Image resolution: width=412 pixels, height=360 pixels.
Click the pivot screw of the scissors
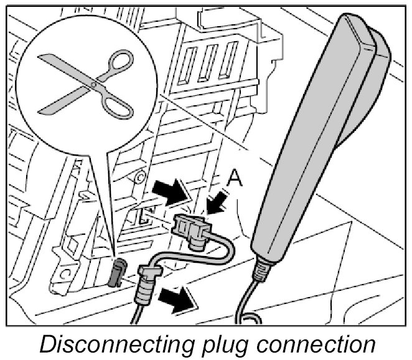click(x=93, y=83)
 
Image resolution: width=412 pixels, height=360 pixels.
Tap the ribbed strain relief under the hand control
click(x=260, y=269)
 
